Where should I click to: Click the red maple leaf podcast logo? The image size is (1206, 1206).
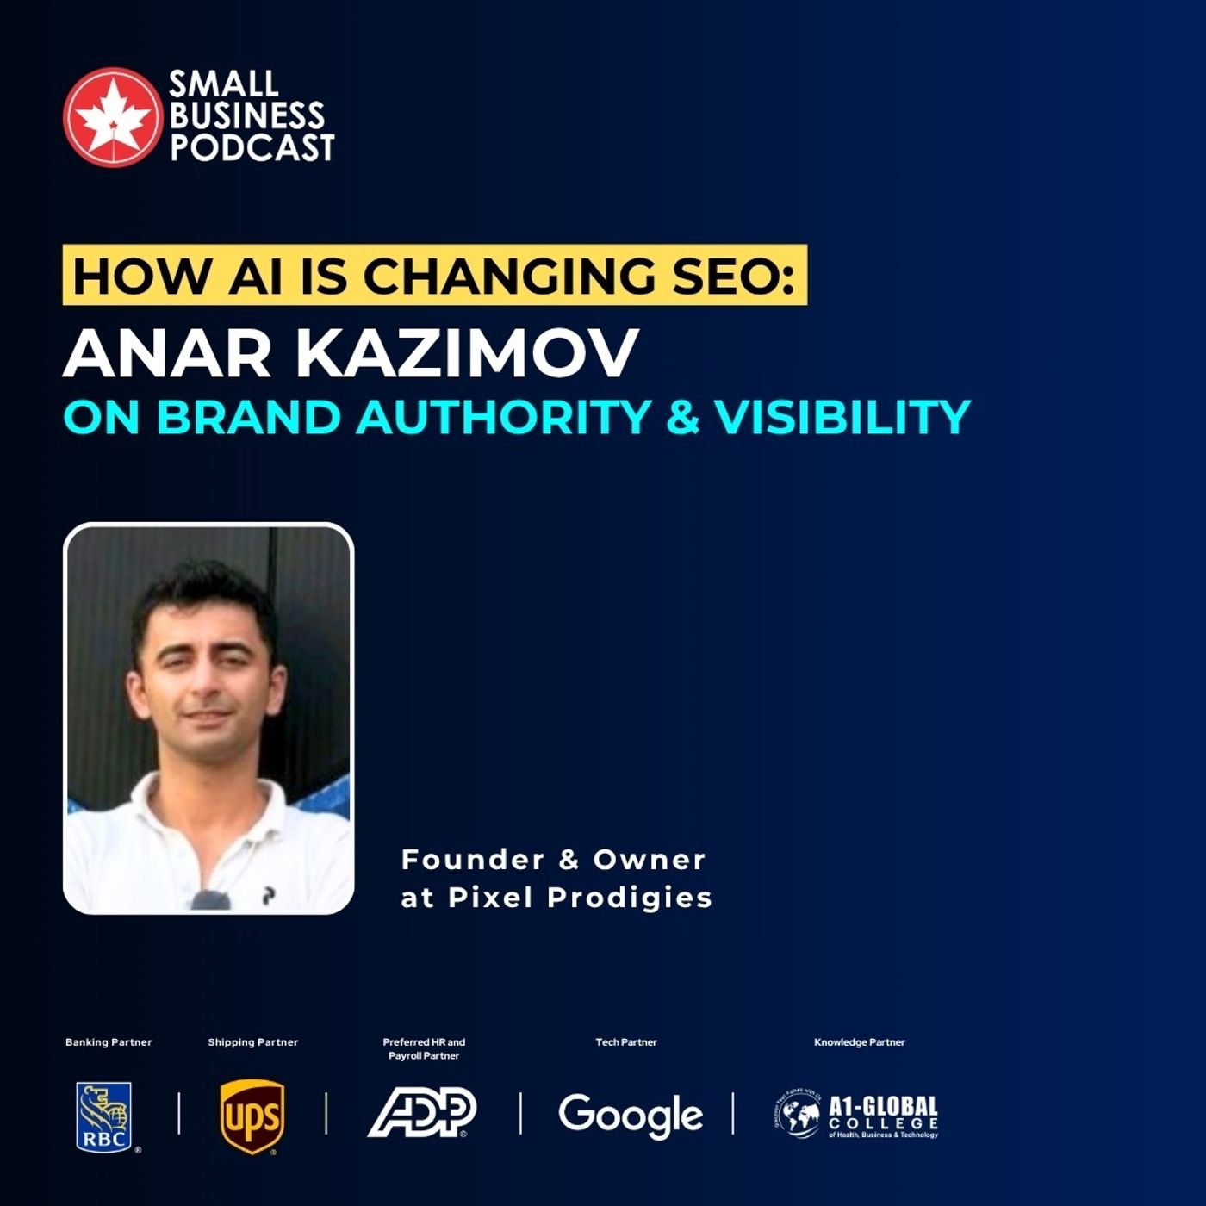(112, 116)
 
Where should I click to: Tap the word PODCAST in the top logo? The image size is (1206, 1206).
(252, 147)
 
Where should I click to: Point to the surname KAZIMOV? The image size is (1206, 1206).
(472, 353)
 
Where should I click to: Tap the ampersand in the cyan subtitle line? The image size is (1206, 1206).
(682, 417)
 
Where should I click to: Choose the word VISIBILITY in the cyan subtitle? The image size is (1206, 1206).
(842, 417)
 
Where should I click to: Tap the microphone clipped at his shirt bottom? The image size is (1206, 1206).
(209, 900)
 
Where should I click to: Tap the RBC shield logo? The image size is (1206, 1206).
(104, 1116)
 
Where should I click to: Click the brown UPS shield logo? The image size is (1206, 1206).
(252, 1116)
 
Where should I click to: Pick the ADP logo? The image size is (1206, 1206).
(422, 1112)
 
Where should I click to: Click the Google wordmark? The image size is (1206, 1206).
(631, 1115)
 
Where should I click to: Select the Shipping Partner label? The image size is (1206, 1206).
(252, 1042)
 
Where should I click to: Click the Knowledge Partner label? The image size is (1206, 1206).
(859, 1042)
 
